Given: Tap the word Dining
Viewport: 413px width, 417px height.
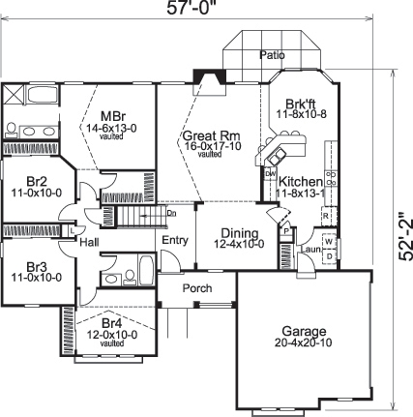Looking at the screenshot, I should pos(239,233).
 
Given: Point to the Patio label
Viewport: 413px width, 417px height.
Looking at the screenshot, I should pos(272,55).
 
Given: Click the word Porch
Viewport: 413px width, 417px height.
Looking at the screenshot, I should pos(199,289).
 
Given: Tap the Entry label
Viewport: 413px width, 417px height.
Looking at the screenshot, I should pos(175,240).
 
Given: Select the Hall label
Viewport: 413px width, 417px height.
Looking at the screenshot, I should pos(90,243).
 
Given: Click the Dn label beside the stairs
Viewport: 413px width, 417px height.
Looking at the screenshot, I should pos(171,212).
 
